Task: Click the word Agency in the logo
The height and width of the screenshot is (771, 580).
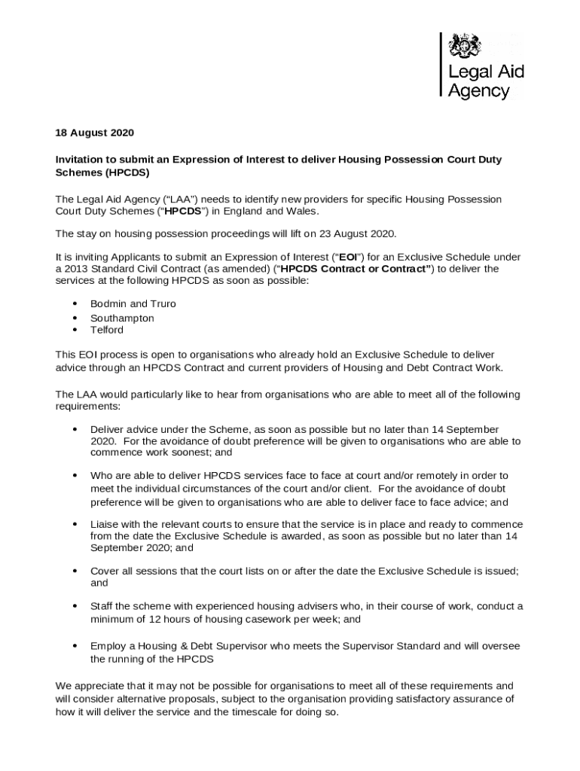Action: tap(478, 91)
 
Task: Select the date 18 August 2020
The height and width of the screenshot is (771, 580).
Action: tap(94, 133)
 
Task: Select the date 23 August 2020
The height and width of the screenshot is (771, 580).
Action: tap(356, 233)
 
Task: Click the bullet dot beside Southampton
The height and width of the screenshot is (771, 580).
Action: tap(75, 318)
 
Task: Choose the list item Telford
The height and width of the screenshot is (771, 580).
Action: tap(107, 330)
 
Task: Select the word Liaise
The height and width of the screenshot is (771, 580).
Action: tap(105, 523)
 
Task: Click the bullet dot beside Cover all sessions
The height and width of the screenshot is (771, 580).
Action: tap(75, 571)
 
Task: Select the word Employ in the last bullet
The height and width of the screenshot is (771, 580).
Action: tap(108, 646)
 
